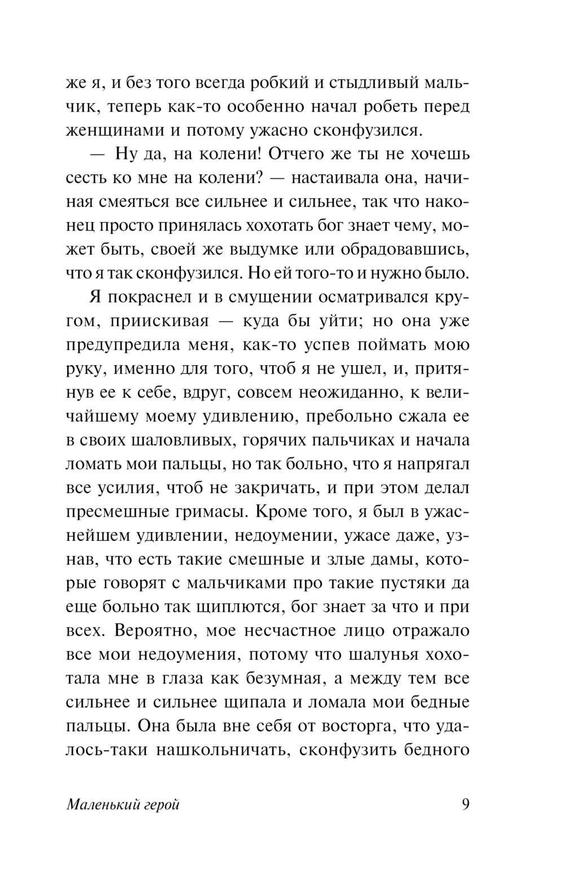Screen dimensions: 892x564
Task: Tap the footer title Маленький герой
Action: pos(123,805)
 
